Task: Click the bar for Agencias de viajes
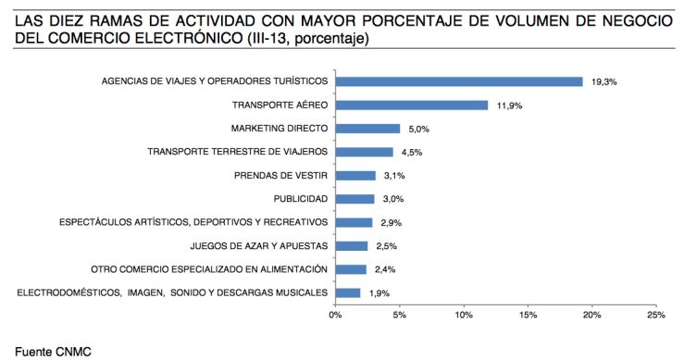(458, 81)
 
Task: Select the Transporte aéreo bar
(411, 105)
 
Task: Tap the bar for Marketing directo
(367, 129)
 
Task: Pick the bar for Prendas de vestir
(354, 175)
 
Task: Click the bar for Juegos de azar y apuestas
(351, 245)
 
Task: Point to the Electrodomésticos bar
(347, 292)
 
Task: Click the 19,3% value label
(603, 82)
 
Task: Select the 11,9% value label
(509, 106)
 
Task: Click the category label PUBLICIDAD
(300, 199)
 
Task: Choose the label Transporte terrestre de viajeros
(238, 152)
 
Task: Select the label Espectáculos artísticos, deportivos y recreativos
(193, 222)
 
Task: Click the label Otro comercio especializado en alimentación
(209, 269)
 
